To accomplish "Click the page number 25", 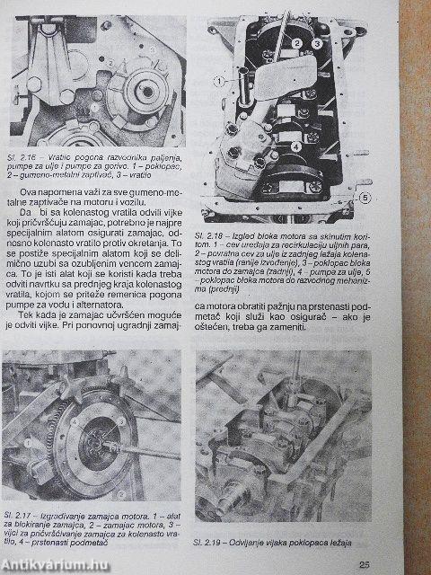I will (364, 563).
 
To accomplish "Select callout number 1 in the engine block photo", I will (218, 81).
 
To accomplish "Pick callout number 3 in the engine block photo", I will (316, 43).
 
